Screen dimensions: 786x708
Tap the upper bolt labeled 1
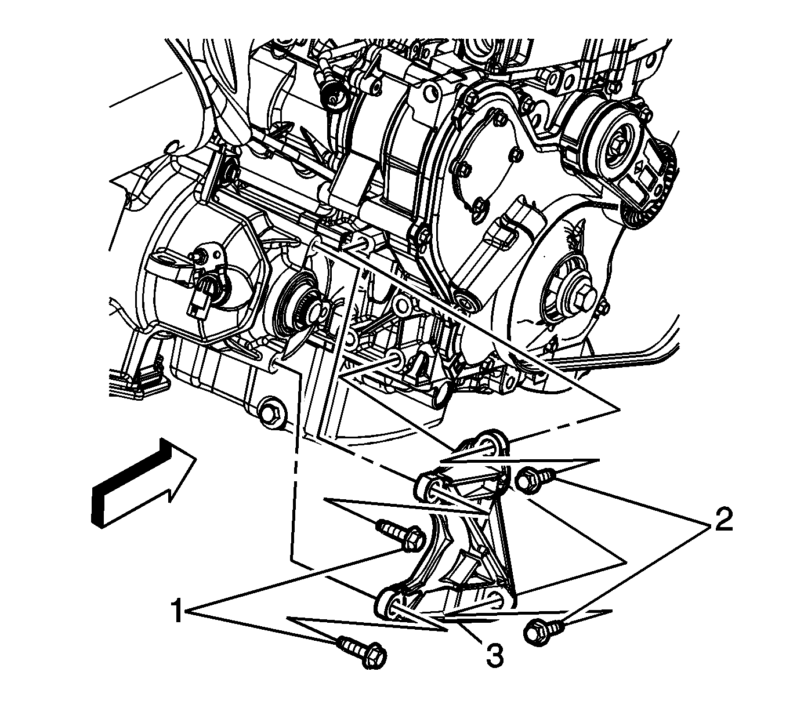point(401,535)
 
